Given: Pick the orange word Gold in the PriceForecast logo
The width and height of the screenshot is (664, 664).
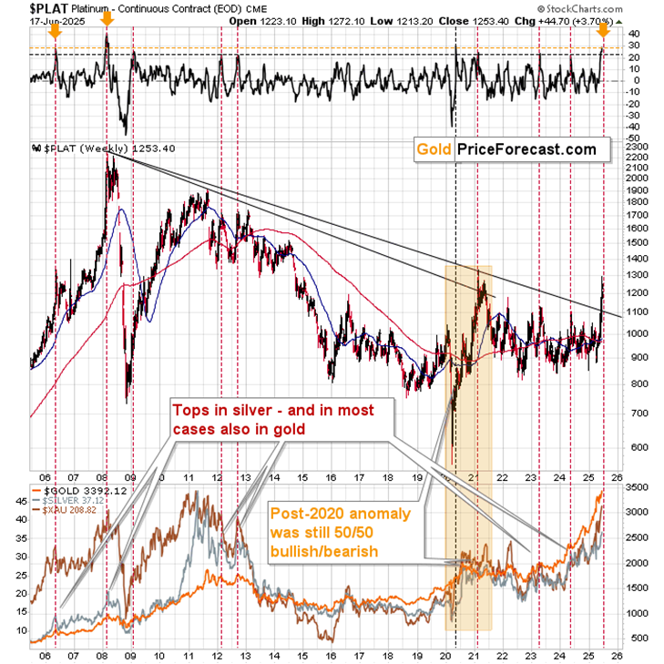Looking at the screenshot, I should tap(434, 149).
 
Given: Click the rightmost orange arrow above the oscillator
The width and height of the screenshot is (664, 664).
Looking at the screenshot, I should tap(602, 33).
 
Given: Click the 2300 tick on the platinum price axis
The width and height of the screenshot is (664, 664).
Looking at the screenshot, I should tap(631, 146).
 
